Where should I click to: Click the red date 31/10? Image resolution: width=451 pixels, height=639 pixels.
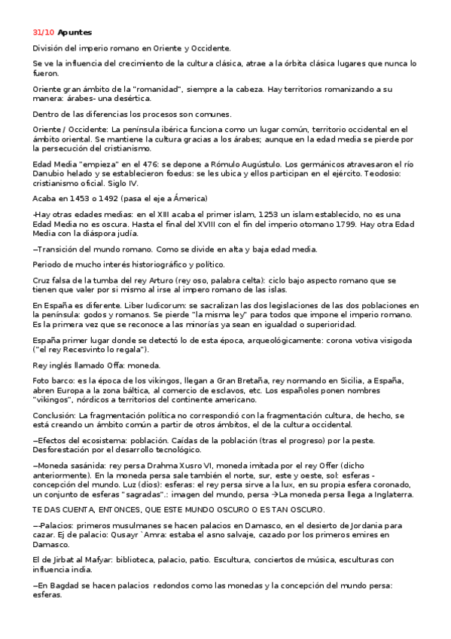pyautogui.click(x=44, y=32)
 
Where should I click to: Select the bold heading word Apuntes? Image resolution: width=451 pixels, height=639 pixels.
pyautogui.click(x=75, y=32)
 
